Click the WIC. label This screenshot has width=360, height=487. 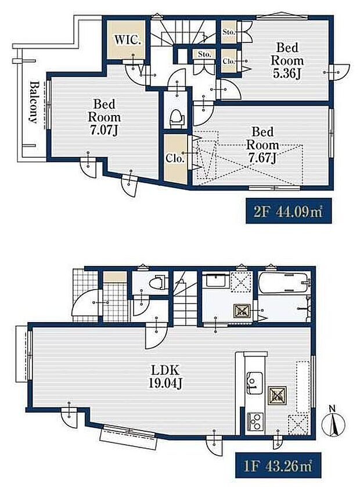click(x=128, y=39)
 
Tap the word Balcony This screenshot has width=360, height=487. click(x=34, y=102)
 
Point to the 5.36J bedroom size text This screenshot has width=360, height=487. click(x=287, y=74)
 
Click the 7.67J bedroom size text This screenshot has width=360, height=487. click(x=262, y=158)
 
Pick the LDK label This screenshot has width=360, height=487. click(x=165, y=370)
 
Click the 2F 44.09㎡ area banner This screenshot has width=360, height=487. click(x=289, y=211)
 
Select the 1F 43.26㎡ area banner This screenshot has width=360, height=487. click(x=278, y=466)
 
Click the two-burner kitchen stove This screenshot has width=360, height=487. click(x=255, y=421)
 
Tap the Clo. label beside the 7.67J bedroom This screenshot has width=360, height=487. click(x=175, y=158)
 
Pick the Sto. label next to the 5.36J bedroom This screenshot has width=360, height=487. click(x=229, y=32)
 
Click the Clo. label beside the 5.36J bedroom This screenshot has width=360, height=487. click(x=229, y=62)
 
